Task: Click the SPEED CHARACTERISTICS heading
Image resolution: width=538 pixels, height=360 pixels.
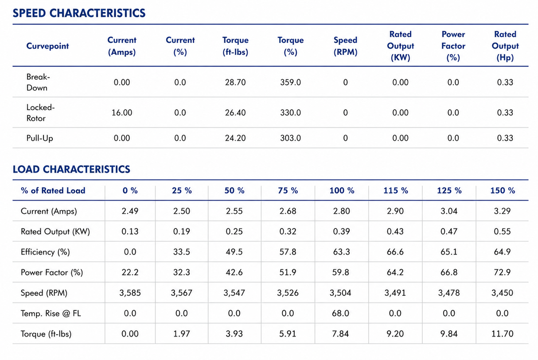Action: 79,13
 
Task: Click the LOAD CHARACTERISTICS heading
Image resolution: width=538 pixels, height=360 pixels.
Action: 71,170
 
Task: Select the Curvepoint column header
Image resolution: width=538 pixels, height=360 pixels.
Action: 47,46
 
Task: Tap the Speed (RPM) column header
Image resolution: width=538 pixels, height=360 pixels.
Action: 345,46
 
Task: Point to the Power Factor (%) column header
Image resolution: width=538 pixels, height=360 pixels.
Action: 453,46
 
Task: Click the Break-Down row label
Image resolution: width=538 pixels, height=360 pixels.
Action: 38,82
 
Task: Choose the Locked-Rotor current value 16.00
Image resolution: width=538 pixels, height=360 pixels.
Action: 122,112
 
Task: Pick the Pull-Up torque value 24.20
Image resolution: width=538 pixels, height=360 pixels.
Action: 235,138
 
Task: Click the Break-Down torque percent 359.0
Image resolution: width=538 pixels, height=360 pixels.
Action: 290,82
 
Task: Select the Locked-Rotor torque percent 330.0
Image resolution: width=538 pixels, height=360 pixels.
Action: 290,112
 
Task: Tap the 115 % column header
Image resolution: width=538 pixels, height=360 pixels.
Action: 396,190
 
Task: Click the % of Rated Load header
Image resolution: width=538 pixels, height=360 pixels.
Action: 53,190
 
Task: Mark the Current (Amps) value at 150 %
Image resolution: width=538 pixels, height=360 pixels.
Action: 502,211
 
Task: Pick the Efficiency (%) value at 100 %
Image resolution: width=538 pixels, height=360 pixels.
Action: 342,252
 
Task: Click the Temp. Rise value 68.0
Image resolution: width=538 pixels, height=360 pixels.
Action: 341,314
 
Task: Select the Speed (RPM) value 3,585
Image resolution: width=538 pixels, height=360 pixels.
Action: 130,293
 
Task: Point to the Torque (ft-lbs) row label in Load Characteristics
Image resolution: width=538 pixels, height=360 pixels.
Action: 46,334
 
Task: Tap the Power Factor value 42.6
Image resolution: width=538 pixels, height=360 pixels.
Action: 234,272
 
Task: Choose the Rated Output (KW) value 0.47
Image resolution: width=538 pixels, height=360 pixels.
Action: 449,232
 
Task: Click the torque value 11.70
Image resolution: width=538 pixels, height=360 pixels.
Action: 502,334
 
